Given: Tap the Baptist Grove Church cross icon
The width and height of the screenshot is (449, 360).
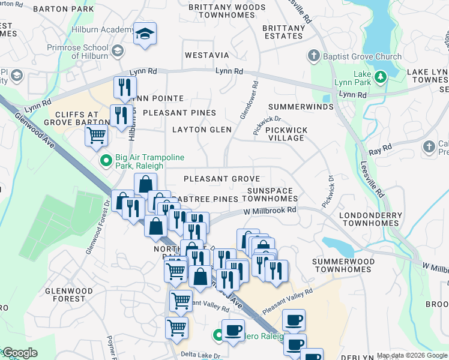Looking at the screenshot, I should coord(313,57).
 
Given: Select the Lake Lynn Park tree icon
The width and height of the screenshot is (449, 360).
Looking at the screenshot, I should coord(380,76).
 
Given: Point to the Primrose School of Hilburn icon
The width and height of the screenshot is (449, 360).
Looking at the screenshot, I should coord(118,52).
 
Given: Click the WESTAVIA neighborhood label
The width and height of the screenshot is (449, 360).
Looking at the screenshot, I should coord(206,55).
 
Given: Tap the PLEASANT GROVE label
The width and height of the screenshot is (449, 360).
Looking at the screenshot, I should coord(221,179).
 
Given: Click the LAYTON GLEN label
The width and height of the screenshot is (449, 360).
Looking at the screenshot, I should coord(202,130).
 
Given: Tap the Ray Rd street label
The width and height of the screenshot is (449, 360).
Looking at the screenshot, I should coord(379,147).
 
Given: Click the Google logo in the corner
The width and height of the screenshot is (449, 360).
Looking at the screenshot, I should coord(20,353).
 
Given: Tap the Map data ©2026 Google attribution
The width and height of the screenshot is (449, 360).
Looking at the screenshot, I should coord(412,356).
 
